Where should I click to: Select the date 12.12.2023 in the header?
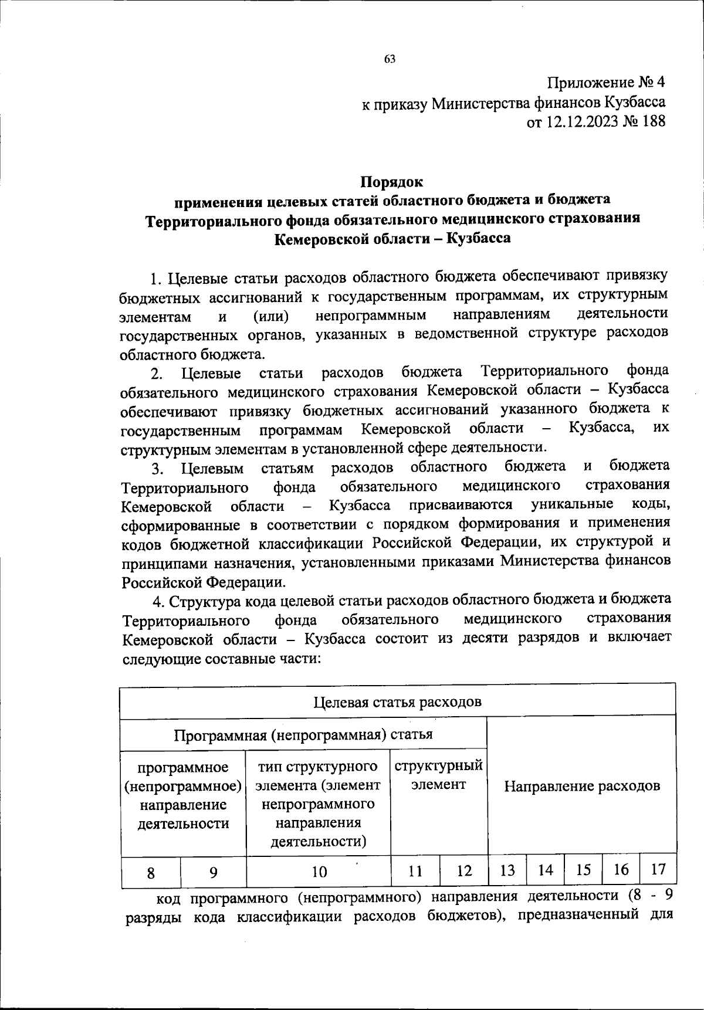[x=578, y=123]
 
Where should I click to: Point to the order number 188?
[x=651, y=123]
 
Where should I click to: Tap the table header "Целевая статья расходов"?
[x=397, y=702]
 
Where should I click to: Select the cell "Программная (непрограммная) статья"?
[x=303, y=734]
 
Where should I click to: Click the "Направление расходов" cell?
[x=581, y=785]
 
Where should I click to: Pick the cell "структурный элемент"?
[x=438, y=775]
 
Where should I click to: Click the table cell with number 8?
[x=151, y=872]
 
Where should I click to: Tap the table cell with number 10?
[x=319, y=872]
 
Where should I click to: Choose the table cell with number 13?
[x=507, y=870]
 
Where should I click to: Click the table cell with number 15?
[x=583, y=870]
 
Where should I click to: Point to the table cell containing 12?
[x=464, y=871]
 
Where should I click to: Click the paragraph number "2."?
[x=156, y=374]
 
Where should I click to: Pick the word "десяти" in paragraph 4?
[x=485, y=638]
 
